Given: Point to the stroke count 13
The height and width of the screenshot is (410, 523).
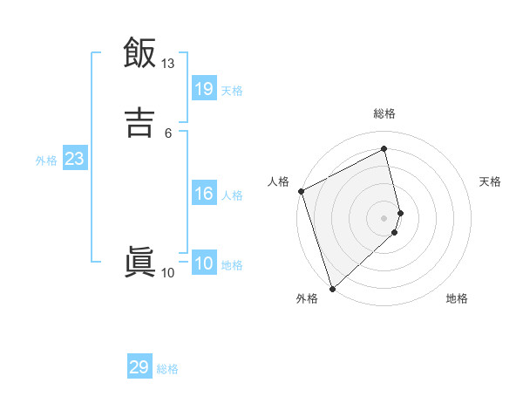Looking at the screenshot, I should pos(168,64).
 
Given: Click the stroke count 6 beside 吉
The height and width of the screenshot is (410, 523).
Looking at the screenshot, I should pos(168,133).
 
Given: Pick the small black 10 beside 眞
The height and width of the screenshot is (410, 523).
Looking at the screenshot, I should pos(168,273).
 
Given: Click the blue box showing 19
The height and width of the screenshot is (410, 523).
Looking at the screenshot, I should pos(203,88).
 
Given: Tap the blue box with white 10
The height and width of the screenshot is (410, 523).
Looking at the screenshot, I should pos(203,263).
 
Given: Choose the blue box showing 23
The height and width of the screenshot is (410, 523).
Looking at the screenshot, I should pos(74,159).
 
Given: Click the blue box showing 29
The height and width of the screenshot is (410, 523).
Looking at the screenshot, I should pos(139,367).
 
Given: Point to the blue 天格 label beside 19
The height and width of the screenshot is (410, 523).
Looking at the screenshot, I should pos(232,91).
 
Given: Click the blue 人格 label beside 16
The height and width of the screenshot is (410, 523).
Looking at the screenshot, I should pos(232,195).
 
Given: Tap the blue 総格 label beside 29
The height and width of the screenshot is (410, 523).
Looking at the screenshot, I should pos(167,370).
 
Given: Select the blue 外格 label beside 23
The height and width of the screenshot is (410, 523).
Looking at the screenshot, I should pos(46,161).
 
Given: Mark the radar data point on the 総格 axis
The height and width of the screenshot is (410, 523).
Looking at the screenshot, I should pos(384,148).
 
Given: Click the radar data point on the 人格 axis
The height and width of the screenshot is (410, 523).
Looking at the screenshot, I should pos(301,191).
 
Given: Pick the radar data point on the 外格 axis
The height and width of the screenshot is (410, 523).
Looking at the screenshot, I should pos(331,288).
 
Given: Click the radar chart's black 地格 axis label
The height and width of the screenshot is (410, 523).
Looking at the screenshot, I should pos(457,299).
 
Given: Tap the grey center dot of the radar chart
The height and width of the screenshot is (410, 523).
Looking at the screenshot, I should pos(384,217).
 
